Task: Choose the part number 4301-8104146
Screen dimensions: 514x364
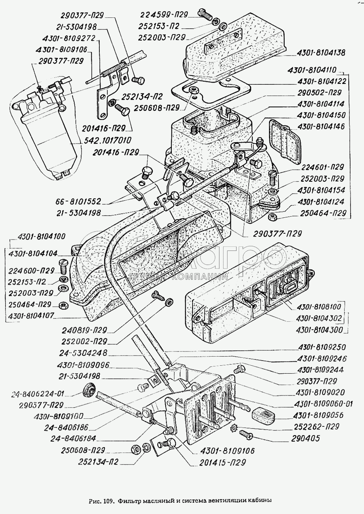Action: click(x=321, y=127)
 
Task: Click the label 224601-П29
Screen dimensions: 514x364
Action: click(x=323, y=167)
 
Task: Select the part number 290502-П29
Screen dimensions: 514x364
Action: click(x=319, y=92)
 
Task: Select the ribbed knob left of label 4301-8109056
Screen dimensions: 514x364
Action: click(x=263, y=415)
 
